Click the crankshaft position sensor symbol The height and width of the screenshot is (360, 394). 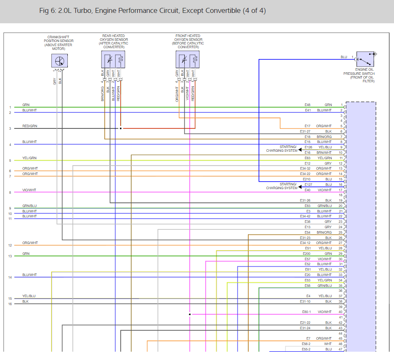tap(59, 61)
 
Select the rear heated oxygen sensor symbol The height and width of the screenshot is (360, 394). tap(113, 59)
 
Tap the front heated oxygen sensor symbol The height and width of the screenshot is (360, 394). tap(187, 59)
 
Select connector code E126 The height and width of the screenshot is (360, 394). tap(308, 147)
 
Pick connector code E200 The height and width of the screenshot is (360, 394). tap(307, 254)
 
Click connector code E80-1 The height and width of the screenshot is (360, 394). tap(307, 312)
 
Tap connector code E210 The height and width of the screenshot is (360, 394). tap(307, 179)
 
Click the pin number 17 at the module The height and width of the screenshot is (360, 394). tap(340, 190)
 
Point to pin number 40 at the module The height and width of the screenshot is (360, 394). tap(340, 312)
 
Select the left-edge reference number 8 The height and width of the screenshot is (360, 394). tap(10, 192)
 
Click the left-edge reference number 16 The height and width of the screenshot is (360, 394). tap(10, 304)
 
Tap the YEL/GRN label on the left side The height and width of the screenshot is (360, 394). tap(30, 158)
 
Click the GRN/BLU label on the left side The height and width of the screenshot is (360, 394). tap(30, 206)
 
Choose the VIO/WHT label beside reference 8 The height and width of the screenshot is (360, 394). tap(30, 190)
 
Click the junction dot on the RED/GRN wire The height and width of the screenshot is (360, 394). tap(121, 128)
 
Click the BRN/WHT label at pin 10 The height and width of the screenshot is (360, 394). tap(325, 153)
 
